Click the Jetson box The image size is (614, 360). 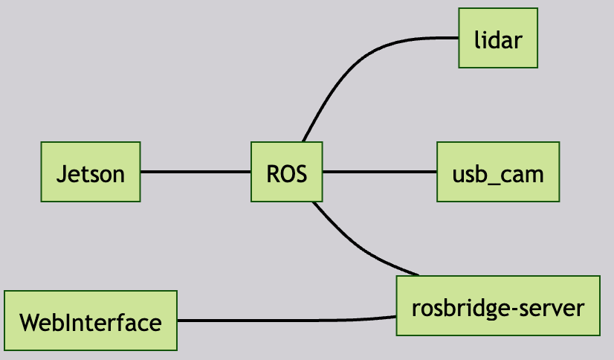(x=90, y=172)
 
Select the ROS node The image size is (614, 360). (x=286, y=172)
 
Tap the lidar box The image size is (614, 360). (x=497, y=38)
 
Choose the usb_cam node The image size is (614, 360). (x=498, y=172)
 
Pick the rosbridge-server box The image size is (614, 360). (x=497, y=306)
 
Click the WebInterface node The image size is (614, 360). (x=90, y=321)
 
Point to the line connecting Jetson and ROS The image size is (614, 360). (x=195, y=172)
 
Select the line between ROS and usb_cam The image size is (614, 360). (x=379, y=172)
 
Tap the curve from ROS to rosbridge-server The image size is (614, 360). (x=357, y=248)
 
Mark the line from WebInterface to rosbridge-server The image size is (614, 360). (x=286, y=321)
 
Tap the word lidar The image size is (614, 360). (x=497, y=39)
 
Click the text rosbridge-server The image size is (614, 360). (x=497, y=307)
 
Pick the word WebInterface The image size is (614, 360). (x=90, y=323)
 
